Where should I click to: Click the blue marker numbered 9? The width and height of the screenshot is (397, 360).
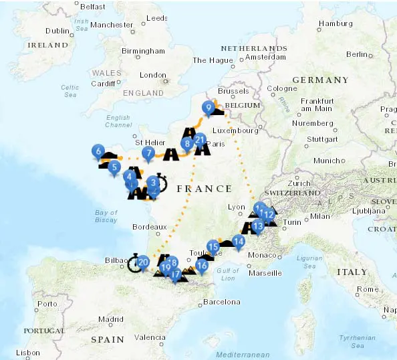pyautogui.click(x=209, y=107)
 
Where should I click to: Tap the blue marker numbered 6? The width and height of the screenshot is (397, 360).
pyautogui.click(x=98, y=151)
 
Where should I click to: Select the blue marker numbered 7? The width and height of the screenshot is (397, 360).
pyautogui.click(x=148, y=153)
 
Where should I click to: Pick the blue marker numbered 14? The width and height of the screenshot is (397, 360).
pyautogui.click(x=237, y=242)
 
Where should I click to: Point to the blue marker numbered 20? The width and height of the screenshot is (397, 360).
pyautogui.click(x=143, y=262)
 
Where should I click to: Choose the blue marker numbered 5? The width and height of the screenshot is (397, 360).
pyautogui.click(x=114, y=167)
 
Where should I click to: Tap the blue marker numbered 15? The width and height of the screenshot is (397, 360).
pyautogui.click(x=214, y=246)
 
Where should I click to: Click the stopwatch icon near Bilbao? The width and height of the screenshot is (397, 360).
pyautogui.click(x=134, y=263)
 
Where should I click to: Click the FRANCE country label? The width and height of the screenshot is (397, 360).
pyautogui.click(x=204, y=189)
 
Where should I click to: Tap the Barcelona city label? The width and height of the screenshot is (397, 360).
pyautogui.click(x=221, y=302)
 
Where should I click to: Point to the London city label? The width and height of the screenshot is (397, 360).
pyautogui.click(x=152, y=76)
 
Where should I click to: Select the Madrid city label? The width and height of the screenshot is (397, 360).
pyautogui.click(x=111, y=319)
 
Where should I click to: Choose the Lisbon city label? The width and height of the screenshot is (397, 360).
pyautogui.click(x=28, y=352)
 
